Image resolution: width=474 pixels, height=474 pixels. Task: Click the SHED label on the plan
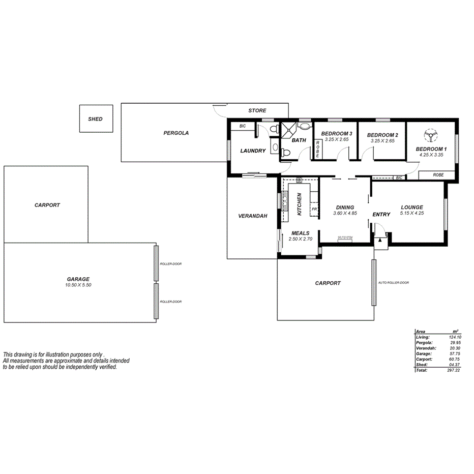click(x=95, y=119)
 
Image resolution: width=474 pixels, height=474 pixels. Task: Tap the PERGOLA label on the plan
click(x=176, y=133)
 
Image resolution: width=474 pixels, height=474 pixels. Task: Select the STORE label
click(x=257, y=110)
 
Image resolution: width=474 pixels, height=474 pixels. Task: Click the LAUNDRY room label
click(x=253, y=151)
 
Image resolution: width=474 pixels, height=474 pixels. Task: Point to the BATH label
click(x=299, y=140)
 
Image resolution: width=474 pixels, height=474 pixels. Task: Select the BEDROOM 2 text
click(x=382, y=134)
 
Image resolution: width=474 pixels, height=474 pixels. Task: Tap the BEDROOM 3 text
click(x=336, y=134)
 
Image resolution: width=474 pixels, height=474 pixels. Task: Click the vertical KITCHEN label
click(x=300, y=203)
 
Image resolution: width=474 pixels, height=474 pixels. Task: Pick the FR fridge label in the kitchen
click(x=314, y=209)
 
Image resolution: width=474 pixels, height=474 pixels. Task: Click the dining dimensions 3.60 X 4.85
click(x=345, y=213)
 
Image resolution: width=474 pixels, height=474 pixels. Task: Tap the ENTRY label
click(x=381, y=214)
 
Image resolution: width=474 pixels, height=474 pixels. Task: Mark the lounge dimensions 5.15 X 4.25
click(x=411, y=213)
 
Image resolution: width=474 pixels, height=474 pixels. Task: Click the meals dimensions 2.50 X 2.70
click(x=299, y=239)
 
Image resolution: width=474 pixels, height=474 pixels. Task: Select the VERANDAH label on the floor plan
click(x=253, y=216)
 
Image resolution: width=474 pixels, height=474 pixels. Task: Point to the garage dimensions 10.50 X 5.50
click(x=78, y=285)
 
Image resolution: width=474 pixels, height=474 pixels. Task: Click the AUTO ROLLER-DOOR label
click(x=394, y=282)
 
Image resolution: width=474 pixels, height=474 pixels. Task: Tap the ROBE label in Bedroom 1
click(x=438, y=174)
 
